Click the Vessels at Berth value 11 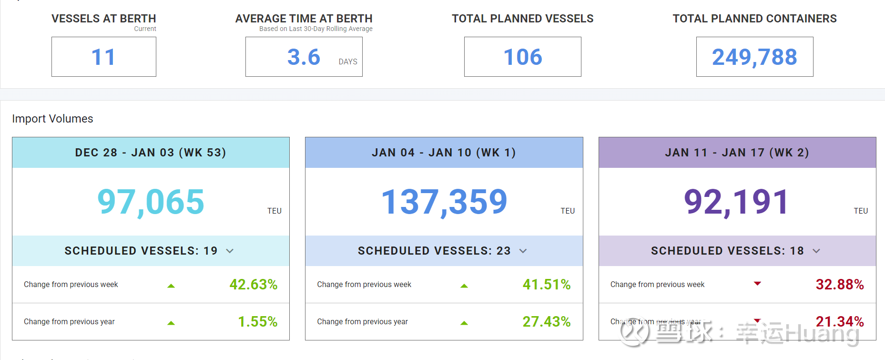click(x=103, y=57)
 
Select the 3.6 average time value click(x=304, y=57)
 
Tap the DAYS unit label click(x=348, y=62)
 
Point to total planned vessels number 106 click(x=523, y=57)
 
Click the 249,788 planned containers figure click(x=754, y=57)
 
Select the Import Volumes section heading click(x=52, y=119)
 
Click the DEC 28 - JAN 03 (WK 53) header click(x=151, y=153)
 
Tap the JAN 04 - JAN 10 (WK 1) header click(x=444, y=153)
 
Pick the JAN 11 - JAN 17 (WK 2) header click(x=737, y=153)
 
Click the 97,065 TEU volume click(x=151, y=202)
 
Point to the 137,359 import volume click(x=444, y=202)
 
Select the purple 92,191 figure click(x=736, y=202)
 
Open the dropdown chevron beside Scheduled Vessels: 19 click(x=230, y=251)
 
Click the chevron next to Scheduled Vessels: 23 click(x=523, y=251)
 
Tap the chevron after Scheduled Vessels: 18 click(x=816, y=251)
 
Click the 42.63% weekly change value click(x=254, y=285)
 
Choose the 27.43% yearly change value click(x=547, y=322)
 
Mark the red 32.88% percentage click(x=840, y=285)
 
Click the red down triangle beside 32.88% click(x=757, y=284)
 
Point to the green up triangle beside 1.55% click(x=171, y=323)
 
